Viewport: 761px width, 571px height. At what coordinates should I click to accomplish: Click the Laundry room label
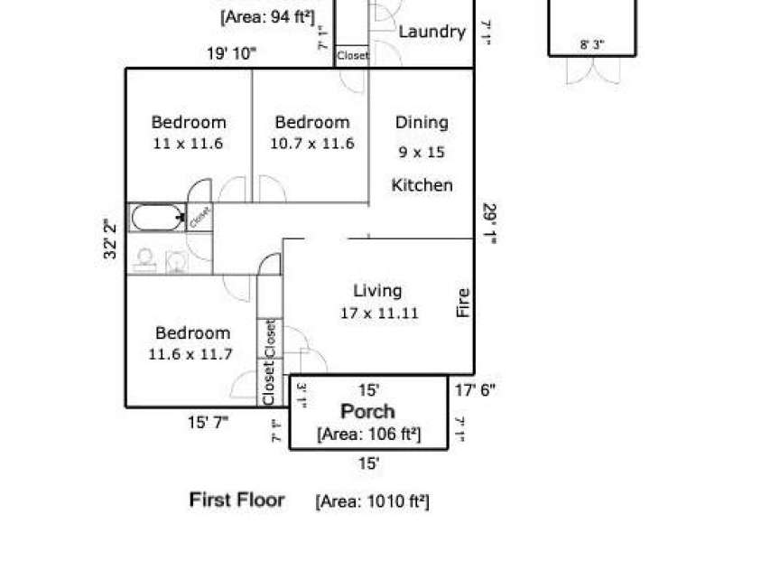pos(432,32)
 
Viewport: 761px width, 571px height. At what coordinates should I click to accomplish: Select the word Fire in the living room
pos(463,303)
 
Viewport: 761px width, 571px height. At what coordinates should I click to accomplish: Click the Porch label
pos(367,412)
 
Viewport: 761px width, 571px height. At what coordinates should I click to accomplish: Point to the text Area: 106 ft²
pos(369,434)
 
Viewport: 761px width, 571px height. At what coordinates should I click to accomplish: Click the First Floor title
pos(237,500)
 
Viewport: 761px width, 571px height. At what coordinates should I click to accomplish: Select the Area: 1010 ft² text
pos(372,501)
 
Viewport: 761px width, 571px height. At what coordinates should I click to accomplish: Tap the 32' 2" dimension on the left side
pos(111,239)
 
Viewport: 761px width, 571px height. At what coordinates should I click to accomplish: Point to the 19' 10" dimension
pos(231,54)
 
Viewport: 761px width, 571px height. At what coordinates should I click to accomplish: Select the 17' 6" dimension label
pos(475,390)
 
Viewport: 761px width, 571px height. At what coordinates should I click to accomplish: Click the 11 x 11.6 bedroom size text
pos(188,143)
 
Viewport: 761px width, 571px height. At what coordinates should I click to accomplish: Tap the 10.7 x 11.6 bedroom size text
pos(312,143)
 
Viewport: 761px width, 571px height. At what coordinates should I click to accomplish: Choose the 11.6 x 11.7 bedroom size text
pos(190,354)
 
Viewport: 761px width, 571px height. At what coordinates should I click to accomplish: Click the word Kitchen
pos(422,185)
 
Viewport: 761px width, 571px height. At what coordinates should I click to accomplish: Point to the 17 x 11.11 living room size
pos(378,314)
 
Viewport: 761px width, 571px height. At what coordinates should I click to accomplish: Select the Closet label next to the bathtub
pos(200,217)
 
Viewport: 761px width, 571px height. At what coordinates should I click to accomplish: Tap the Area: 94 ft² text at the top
pos(268,15)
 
